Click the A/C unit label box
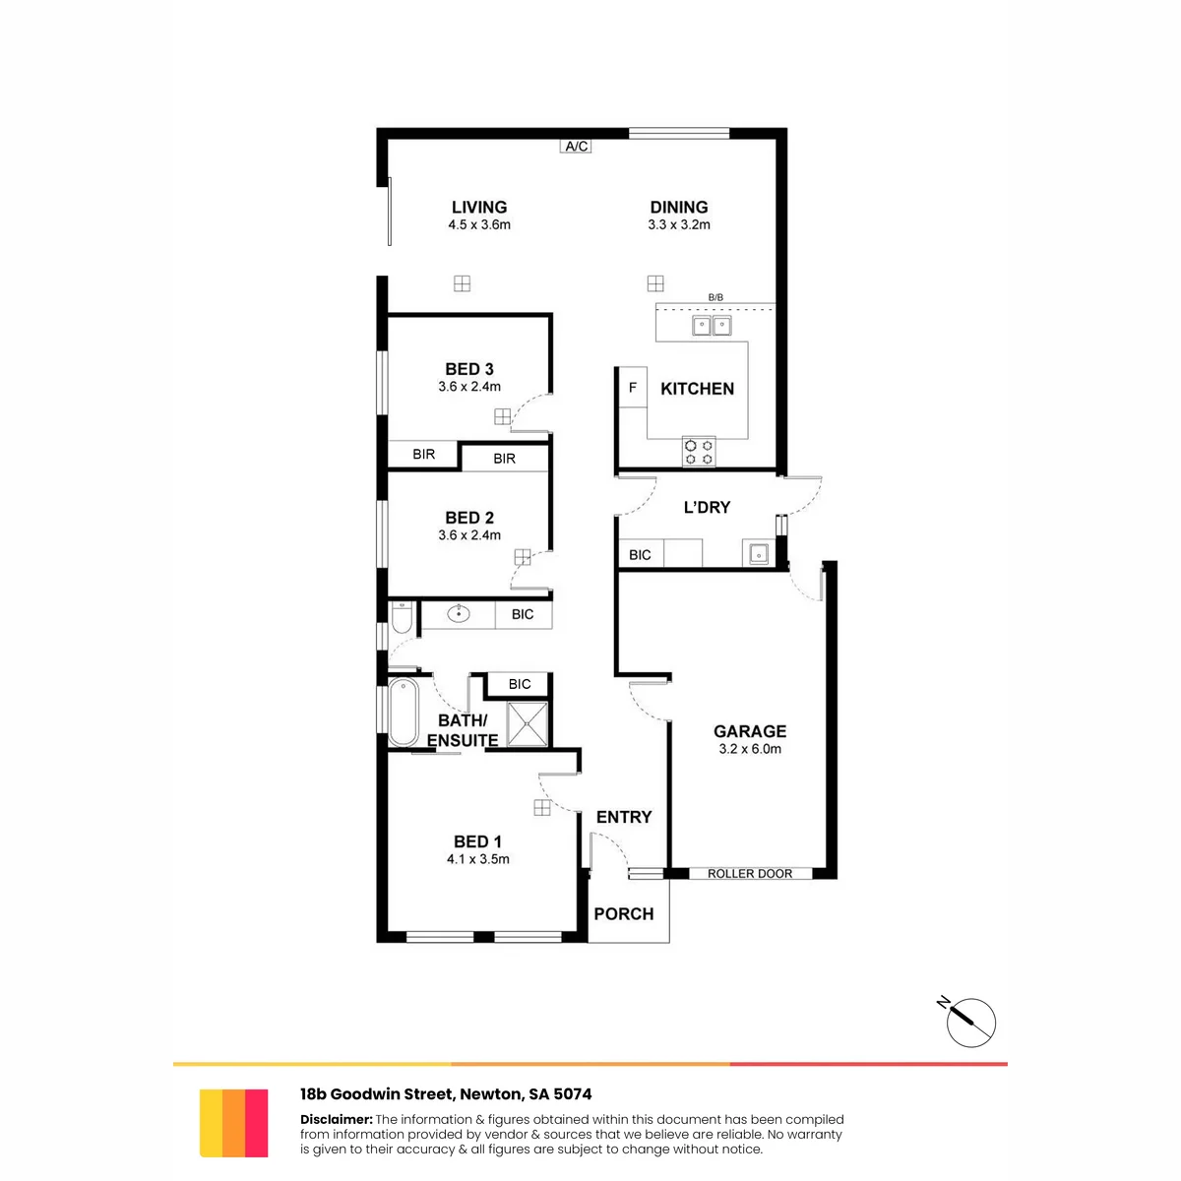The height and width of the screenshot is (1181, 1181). [x=576, y=146]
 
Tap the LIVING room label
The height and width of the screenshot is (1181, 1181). [x=479, y=207]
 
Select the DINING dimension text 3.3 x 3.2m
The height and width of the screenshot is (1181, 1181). [x=679, y=225]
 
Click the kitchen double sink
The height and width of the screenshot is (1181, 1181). [x=712, y=326]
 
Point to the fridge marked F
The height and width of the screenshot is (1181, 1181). [x=633, y=388]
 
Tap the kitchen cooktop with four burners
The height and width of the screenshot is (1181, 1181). [x=699, y=453]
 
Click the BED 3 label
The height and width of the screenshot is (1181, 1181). [x=469, y=369]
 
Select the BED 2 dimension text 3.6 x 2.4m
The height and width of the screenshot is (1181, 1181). [x=469, y=535]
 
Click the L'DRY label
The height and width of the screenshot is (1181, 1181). [x=707, y=508]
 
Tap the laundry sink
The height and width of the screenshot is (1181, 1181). [x=758, y=554]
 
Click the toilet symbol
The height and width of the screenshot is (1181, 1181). [x=402, y=617]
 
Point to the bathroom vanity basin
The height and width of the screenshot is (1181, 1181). [x=459, y=613]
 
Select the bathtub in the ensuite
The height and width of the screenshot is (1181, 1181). [x=404, y=712]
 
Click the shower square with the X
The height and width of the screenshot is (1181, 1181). [x=528, y=724]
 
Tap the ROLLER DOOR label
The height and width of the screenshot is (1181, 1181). [x=750, y=874]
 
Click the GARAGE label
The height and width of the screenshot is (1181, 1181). [x=750, y=731]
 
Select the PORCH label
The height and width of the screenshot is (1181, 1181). [x=624, y=913]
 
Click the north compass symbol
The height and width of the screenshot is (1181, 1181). [x=970, y=1023]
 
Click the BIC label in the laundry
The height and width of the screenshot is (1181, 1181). [x=640, y=555]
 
